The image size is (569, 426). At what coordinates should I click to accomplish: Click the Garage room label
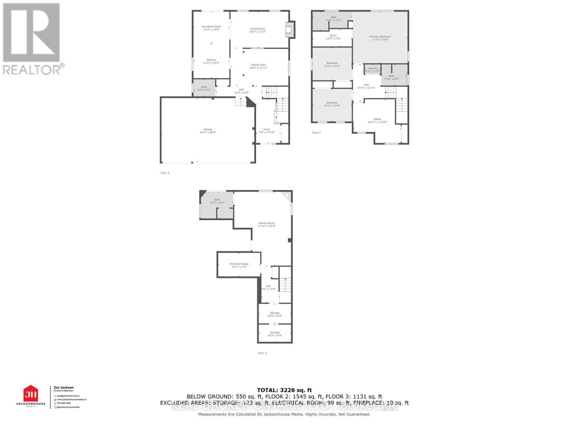point(208,131)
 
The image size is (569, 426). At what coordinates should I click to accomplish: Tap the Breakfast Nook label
point(211,28)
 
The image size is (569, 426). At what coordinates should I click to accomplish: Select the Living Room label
point(257,30)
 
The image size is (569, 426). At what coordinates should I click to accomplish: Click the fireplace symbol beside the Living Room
point(291,30)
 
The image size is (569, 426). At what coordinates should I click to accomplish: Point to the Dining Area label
point(258,66)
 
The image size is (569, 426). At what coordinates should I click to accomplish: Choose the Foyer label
point(266,131)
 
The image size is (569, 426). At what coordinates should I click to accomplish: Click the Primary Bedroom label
point(380,38)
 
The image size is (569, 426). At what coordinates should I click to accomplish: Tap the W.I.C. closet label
point(333,37)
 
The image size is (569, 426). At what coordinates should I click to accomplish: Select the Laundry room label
point(372,70)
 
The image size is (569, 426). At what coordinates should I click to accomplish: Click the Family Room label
point(266,224)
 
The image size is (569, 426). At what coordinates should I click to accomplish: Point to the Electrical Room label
point(239,265)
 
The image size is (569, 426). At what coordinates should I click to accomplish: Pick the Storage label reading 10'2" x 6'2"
point(275,314)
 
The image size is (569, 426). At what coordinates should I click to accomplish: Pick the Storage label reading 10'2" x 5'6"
point(275,334)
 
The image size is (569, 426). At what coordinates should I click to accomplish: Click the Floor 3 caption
point(316,133)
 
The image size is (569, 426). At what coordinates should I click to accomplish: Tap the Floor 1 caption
point(262,353)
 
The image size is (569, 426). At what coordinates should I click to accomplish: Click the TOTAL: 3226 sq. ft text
point(284,390)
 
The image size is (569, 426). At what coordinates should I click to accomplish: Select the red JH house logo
point(31,394)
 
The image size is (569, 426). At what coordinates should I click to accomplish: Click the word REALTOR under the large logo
point(32,69)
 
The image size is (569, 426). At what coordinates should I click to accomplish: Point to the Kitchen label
point(211,61)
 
